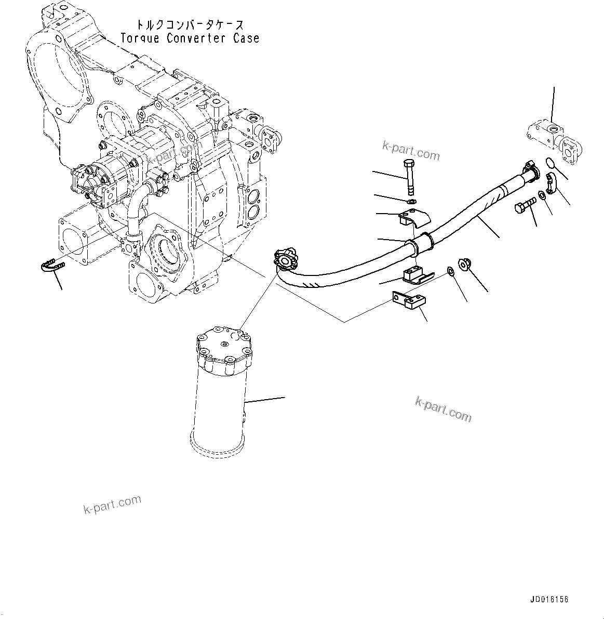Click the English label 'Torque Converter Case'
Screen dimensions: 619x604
point(190,38)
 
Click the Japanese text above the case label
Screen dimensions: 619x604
point(190,24)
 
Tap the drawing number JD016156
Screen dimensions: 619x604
point(549,599)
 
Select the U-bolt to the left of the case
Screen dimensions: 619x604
point(51,266)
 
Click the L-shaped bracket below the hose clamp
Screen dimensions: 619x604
point(409,301)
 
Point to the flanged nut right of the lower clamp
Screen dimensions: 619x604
point(464,264)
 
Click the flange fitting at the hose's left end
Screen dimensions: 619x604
point(285,258)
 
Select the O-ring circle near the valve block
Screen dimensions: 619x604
point(553,165)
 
